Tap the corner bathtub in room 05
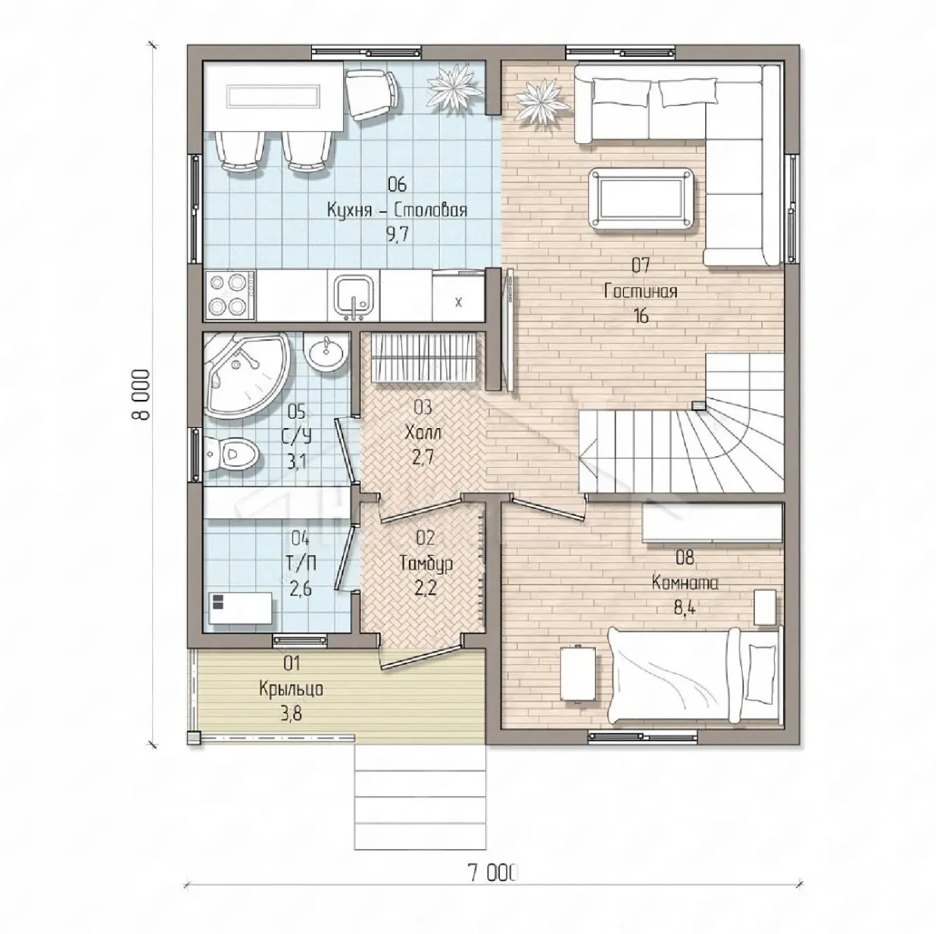pos(243,374)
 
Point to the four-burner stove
pos(230,295)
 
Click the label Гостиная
pos(640,292)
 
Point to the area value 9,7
pos(397,235)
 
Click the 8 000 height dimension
pos(140,394)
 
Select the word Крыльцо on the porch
pos(291,689)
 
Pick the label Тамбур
pos(426,564)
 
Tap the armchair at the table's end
pos(371,94)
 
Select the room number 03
pos(423,407)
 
